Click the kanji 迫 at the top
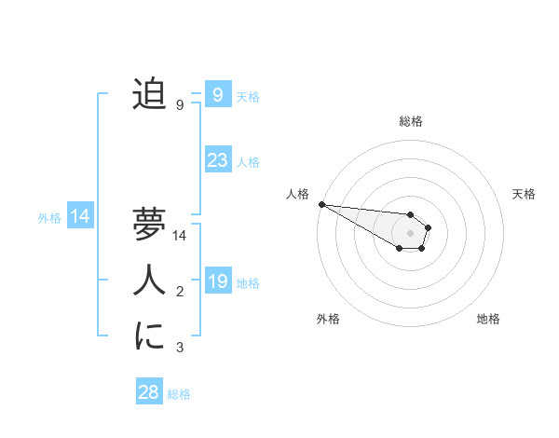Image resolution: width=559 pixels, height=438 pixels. tap(149, 94)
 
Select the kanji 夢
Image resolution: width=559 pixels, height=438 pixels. tap(149, 225)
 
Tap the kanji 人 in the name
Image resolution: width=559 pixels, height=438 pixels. tap(149, 279)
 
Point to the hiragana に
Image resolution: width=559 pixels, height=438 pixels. tap(149, 335)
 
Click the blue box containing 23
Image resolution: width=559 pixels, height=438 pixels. tap(217, 160)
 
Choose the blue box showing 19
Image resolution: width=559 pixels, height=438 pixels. tap(217, 281)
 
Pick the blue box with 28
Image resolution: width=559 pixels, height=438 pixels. tap(148, 392)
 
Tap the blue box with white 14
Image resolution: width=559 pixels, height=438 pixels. tap(80, 217)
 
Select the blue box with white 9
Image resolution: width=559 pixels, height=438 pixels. tap(217, 94)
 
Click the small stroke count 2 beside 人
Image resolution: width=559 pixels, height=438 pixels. tap(180, 293)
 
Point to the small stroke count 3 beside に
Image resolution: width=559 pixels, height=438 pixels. tap(180, 349)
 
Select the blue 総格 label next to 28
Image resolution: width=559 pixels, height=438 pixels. tap(180, 394)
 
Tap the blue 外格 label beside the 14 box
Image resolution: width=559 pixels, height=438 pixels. tap(49, 218)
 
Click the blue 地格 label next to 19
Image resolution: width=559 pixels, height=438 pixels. tap(248, 283)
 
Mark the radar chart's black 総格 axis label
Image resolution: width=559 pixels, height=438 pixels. tap(410, 121)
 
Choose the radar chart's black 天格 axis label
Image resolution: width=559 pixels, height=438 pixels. tap(525, 194)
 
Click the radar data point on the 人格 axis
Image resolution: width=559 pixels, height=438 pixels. tap(320, 204)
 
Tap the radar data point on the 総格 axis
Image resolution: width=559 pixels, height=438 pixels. tap(410, 214)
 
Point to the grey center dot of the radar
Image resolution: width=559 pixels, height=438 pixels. tap(410, 233)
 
